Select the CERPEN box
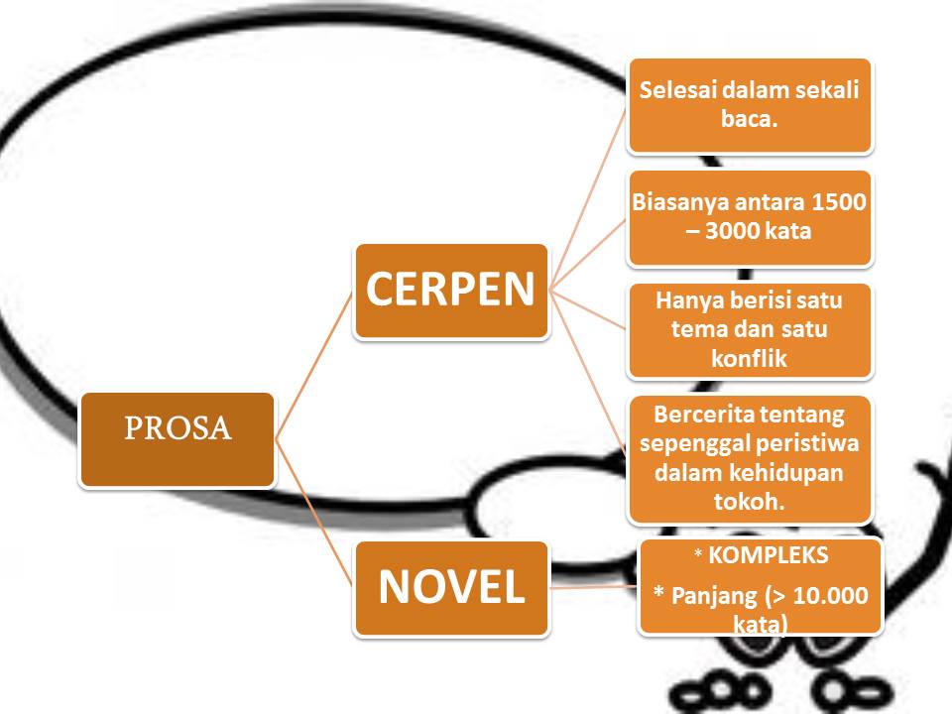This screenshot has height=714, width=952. [x=451, y=291]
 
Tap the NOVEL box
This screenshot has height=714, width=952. [x=451, y=588]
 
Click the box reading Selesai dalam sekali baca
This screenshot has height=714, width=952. [x=749, y=105]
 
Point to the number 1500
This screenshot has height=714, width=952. [x=839, y=203]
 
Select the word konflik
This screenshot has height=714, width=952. [x=749, y=359]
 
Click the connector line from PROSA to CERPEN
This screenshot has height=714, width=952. [x=315, y=365]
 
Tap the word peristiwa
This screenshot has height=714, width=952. [x=809, y=442]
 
